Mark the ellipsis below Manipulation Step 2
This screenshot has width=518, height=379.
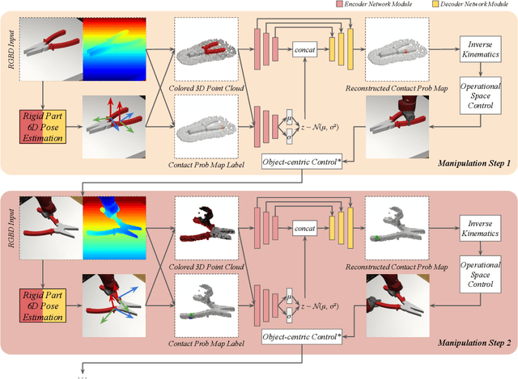tap(84, 375)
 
